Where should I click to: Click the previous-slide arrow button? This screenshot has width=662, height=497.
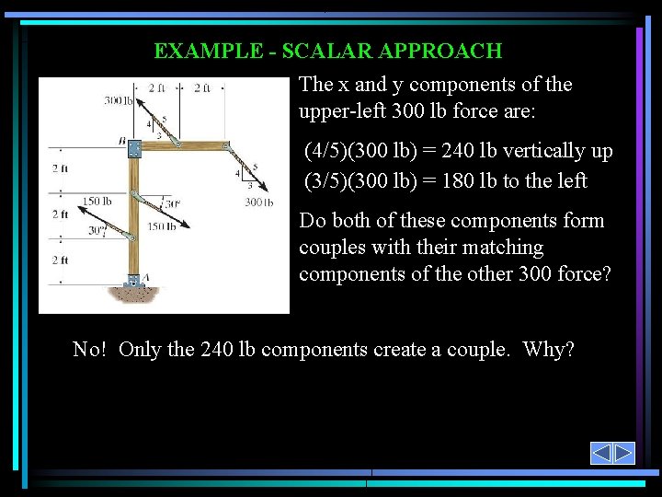[601, 453]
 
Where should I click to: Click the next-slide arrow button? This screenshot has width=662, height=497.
[624, 453]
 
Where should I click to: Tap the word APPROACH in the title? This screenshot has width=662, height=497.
[450, 51]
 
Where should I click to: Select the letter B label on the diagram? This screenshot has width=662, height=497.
[121, 140]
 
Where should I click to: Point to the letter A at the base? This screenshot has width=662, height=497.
[145, 276]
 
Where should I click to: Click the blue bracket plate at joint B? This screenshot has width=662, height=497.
[134, 148]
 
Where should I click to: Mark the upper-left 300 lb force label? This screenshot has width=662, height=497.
[118, 99]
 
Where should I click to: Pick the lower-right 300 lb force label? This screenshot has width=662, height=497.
[259, 202]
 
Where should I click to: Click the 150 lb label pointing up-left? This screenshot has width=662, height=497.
[97, 201]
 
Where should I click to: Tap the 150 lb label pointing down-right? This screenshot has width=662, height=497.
[162, 226]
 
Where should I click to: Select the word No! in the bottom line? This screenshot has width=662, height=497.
[92, 350]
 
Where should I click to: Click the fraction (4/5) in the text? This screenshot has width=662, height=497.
[327, 151]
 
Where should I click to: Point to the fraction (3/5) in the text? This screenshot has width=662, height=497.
[327, 180]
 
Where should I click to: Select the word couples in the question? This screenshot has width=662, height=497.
[329, 248]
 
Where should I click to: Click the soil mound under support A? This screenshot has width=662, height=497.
[138, 295]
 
